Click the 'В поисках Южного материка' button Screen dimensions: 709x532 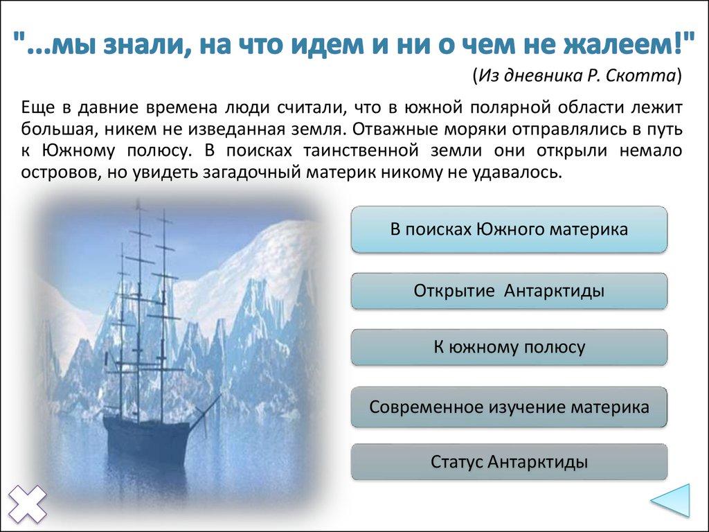pos(509,229)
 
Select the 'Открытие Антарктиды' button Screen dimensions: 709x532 pos(509,291)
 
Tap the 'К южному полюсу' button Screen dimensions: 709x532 pos(509,348)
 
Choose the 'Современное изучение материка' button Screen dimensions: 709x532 pos(509,407)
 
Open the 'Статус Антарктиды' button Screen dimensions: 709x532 pos(509,462)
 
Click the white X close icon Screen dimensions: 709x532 pos(27,504)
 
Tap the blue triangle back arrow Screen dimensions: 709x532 pos(671,500)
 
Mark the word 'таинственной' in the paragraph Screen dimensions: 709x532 pos(361,150)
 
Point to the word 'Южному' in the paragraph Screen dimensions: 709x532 pos(79,150)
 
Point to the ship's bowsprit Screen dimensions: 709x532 pos(206,411)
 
